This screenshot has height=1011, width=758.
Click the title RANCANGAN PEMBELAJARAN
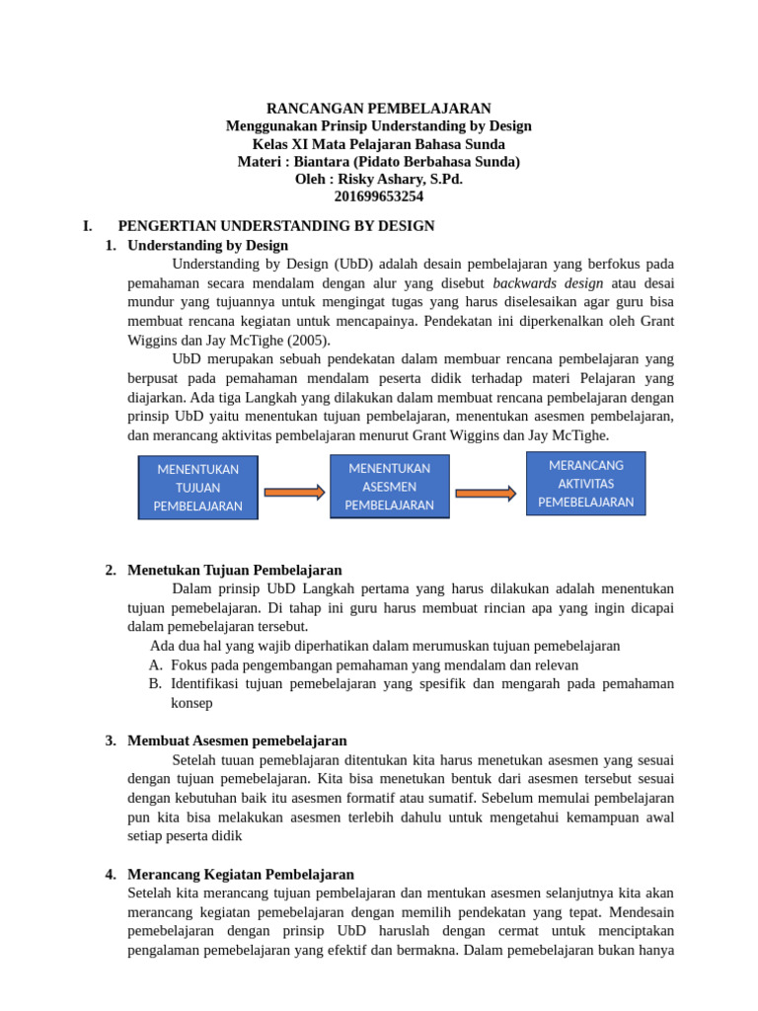[x=379, y=108]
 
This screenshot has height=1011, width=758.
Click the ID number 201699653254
[x=379, y=196]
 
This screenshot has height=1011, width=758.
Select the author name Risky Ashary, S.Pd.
[x=400, y=179]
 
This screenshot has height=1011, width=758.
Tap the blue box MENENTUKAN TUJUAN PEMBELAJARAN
[x=197, y=488]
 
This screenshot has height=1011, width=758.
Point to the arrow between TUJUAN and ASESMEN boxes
[x=294, y=492]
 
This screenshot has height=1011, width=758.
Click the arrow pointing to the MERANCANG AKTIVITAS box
[x=485, y=493]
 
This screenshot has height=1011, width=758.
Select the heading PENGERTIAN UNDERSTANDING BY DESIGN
[x=276, y=226]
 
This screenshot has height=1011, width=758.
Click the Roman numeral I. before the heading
[x=88, y=226]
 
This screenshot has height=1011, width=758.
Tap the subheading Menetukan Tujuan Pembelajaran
[x=235, y=570]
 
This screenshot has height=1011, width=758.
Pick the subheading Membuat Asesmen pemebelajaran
[x=237, y=740]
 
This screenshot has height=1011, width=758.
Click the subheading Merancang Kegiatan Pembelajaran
[x=241, y=874]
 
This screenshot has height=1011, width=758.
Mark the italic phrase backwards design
[x=548, y=282]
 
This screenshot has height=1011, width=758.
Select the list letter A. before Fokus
[x=155, y=665]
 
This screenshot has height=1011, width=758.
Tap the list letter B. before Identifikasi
[x=155, y=683]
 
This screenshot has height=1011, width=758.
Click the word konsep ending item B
[x=191, y=703]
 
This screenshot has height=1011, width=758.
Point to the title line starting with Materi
[x=379, y=161]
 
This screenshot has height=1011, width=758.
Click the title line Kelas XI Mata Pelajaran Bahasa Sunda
[x=379, y=143]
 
